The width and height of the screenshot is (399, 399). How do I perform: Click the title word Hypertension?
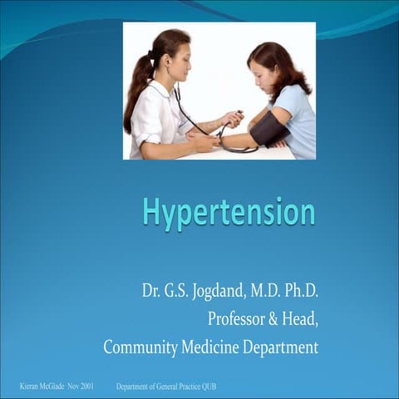coord(229,211)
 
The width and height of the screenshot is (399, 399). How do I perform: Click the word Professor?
coord(239,320)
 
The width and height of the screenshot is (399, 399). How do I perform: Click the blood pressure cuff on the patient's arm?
coord(268,126)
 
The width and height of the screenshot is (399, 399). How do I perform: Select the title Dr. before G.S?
coord(150,293)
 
